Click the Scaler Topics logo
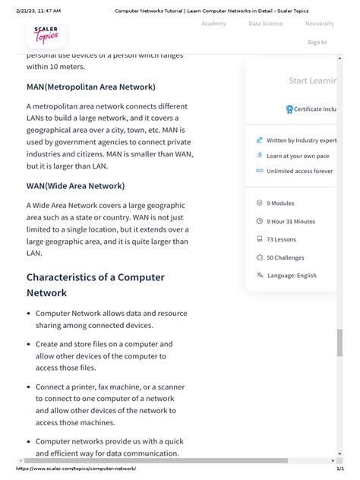click(x=46, y=35)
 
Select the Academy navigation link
click(x=213, y=24)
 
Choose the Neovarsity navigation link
click(x=319, y=24)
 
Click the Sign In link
click(x=317, y=43)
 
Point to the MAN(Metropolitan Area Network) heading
click(x=91, y=87)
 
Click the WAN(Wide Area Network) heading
click(x=75, y=186)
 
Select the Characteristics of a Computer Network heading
click(x=95, y=285)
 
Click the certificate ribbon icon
click(x=289, y=109)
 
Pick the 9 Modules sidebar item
click(x=280, y=203)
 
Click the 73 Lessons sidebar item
click(x=282, y=239)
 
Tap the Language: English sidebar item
click(x=292, y=276)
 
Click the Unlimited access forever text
click(x=299, y=171)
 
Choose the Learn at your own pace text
click(x=298, y=156)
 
